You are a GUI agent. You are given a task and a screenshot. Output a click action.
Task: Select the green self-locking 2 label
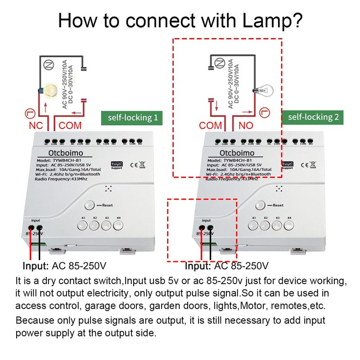[x=314, y=117]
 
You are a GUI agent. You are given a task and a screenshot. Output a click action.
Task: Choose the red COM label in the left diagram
[x=70, y=125]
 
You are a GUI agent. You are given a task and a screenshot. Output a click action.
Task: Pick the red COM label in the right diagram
[x=211, y=125]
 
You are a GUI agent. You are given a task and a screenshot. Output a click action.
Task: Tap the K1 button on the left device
[x=83, y=225]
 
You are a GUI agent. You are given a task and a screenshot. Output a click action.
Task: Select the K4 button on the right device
[x=289, y=225]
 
